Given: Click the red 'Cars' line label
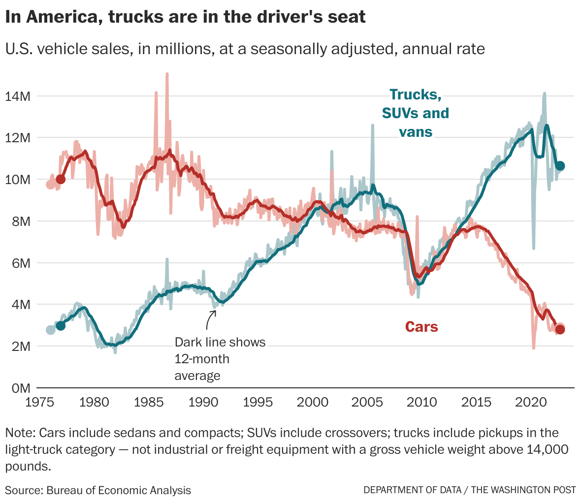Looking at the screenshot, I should (421, 327).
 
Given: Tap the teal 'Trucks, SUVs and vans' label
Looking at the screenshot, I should (416, 113).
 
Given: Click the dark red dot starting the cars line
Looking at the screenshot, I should (61, 179).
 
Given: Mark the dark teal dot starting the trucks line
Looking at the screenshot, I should (61, 325).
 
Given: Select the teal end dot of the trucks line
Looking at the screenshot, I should (560, 166).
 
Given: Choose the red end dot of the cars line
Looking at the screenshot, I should (560, 329).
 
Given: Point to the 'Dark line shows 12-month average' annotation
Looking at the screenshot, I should (220, 359).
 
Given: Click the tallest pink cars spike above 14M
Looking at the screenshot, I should (167, 75).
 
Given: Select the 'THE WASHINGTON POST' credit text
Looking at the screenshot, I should (525, 490).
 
